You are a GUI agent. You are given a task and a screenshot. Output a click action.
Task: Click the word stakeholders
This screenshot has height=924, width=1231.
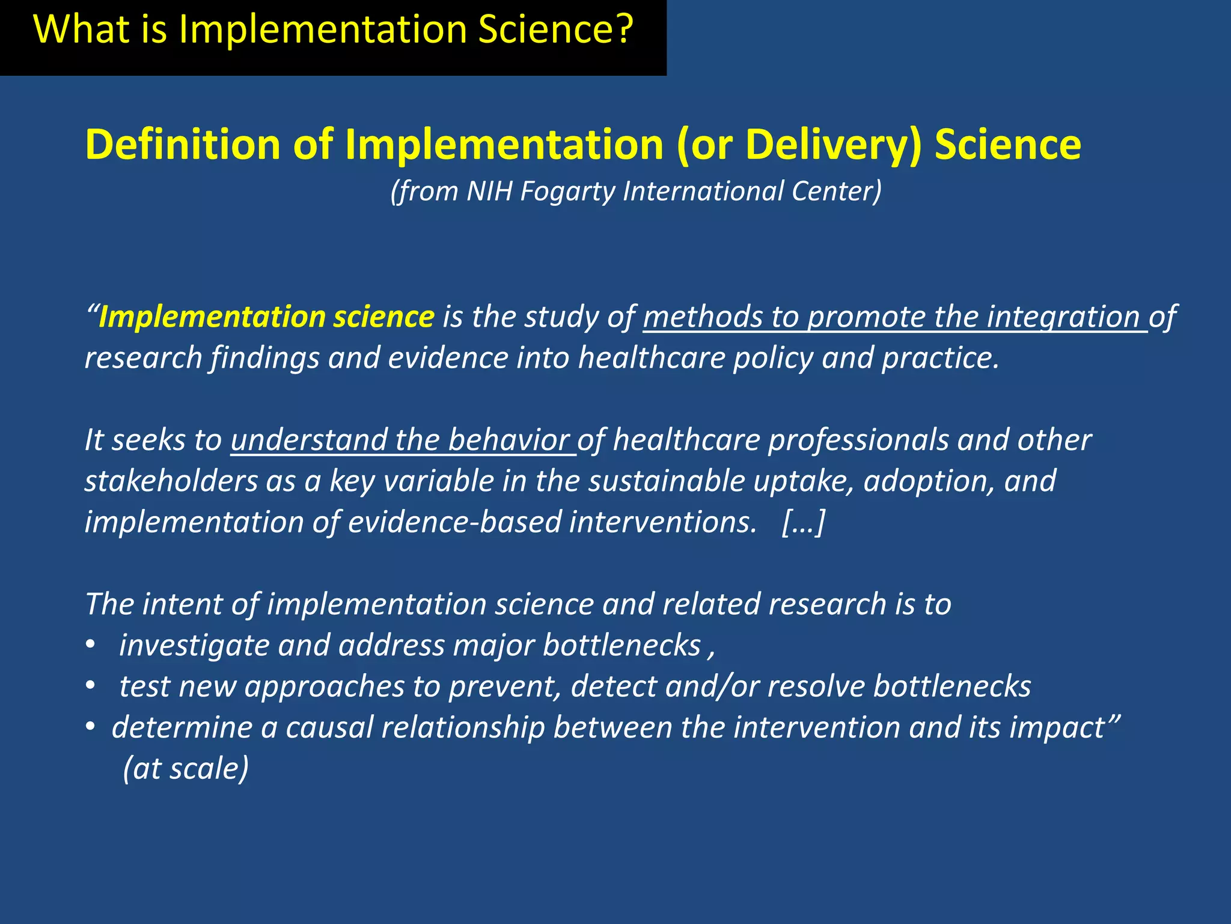coord(171,481)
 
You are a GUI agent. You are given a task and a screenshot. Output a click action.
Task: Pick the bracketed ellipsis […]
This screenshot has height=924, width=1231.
coord(804,522)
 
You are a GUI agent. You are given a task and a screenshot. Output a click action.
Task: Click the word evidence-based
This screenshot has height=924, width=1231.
coord(454,522)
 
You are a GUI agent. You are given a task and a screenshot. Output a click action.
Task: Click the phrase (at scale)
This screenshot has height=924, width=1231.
coord(186,768)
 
